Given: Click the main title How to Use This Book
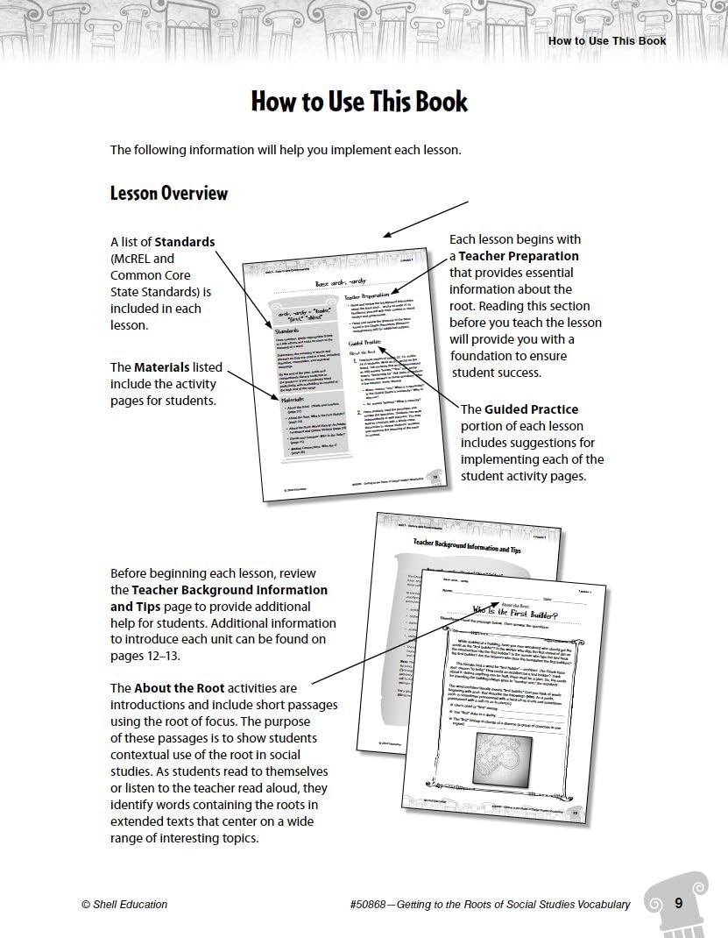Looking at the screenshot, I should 359,102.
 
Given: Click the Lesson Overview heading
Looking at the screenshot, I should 168,193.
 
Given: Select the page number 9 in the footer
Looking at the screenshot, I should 678,903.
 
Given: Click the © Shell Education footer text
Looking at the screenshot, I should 124,905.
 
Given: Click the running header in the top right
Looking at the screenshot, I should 606,40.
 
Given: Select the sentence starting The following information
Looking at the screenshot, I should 285,150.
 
